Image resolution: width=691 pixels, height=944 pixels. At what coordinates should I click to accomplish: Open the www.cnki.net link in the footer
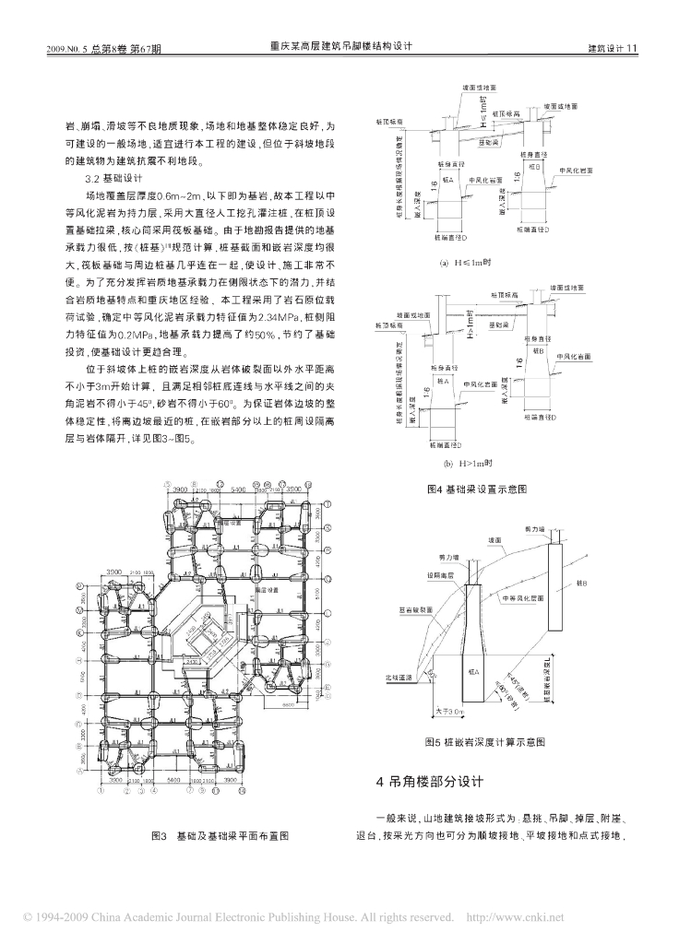pos(517,918)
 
